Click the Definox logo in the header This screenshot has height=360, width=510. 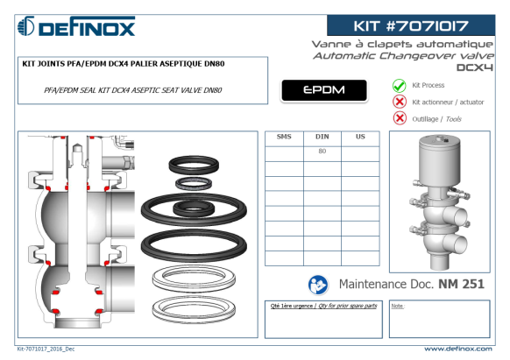click(76, 26)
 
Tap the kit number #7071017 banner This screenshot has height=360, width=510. click(411, 25)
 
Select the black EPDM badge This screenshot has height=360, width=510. click(324, 90)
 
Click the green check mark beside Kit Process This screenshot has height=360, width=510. click(399, 86)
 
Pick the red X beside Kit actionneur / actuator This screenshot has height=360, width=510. click(400, 102)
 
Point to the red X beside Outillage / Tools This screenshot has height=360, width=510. click(400, 118)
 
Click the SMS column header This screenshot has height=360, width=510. click(284, 137)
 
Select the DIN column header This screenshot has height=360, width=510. click(322, 137)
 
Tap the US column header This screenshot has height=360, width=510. click(360, 137)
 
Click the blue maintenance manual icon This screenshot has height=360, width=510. click(318, 285)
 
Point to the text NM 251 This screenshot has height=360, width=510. click(461, 284)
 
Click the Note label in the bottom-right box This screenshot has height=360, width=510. click(397, 306)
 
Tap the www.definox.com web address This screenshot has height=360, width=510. click(458, 349)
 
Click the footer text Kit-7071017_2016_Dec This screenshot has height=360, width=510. click(46, 349)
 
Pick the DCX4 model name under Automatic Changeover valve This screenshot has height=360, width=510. click(475, 67)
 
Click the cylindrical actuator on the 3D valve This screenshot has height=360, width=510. click(440, 159)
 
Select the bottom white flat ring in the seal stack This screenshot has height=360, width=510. click(194, 309)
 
